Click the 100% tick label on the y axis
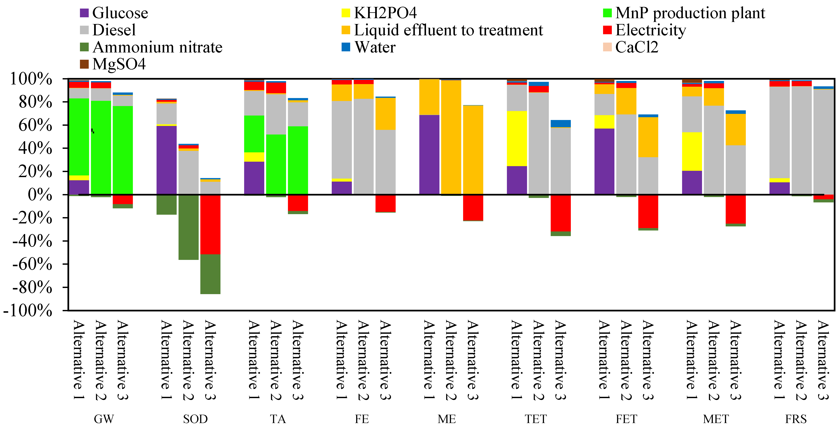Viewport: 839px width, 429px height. click(31, 79)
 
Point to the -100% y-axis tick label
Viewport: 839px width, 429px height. click(28, 311)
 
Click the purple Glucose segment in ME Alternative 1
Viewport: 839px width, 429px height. click(429, 154)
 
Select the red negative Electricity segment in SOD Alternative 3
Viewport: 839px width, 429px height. click(210, 224)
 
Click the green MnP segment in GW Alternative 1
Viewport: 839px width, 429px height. click(79, 137)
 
